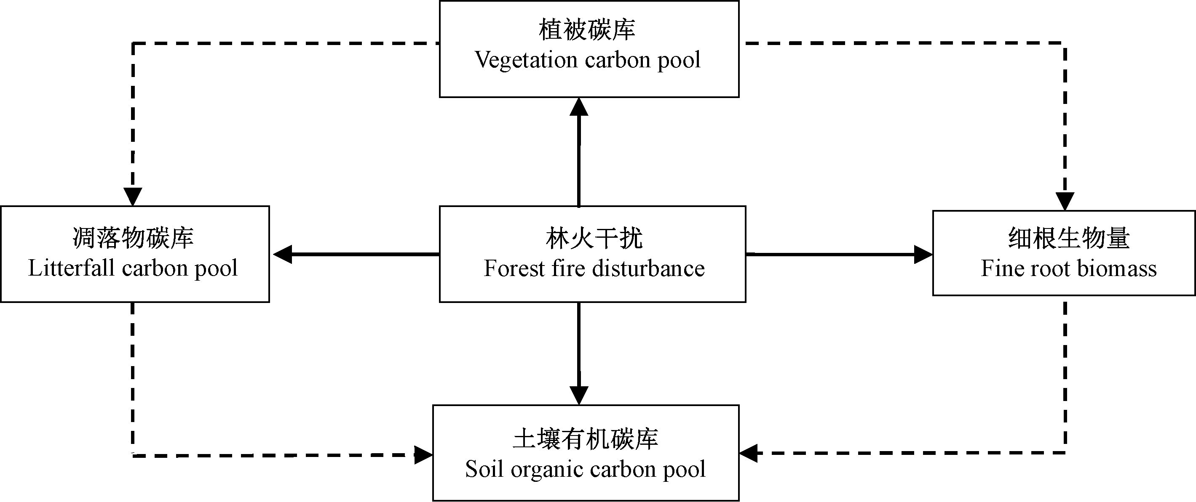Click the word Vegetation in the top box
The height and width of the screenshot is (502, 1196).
(527, 60)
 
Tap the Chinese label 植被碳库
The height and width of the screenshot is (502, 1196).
(587, 30)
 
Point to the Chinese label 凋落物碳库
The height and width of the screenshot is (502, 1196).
(133, 238)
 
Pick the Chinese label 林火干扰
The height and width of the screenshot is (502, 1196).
(594, 239)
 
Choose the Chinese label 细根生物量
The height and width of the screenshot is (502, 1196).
(1069, 238)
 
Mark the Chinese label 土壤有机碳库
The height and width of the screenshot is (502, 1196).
(586, 439)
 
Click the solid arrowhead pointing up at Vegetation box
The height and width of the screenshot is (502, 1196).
(579, 107)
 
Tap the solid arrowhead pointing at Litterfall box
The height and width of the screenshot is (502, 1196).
(282, 254)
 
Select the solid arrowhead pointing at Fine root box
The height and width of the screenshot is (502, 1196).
(923, 254)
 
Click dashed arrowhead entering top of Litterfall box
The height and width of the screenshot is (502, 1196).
(133, 197)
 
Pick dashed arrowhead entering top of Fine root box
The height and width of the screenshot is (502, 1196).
(1065, 202)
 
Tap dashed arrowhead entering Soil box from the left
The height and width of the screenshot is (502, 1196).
(423, 455)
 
